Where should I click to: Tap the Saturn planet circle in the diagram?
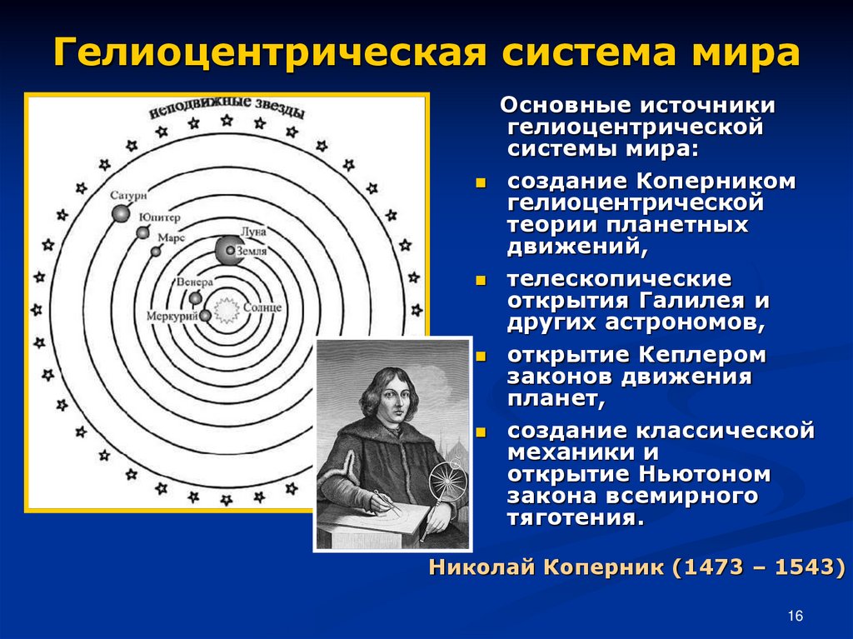(121, 213)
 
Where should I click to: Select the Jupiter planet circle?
(143, 232)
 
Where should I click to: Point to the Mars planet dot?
(156, 252)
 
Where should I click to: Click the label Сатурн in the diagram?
(128, 195)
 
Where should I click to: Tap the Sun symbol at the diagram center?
(227, 310)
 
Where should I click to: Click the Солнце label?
(262, 307)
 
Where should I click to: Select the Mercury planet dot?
(205, 316)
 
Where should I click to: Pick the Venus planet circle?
(195, 298)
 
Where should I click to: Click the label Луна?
(253, 232)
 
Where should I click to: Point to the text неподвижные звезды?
(227, 107)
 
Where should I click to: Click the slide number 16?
(795, 616)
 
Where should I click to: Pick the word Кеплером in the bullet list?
(702, 355)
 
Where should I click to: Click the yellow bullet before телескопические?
(481, 281)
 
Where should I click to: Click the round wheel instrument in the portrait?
(447, 480)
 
